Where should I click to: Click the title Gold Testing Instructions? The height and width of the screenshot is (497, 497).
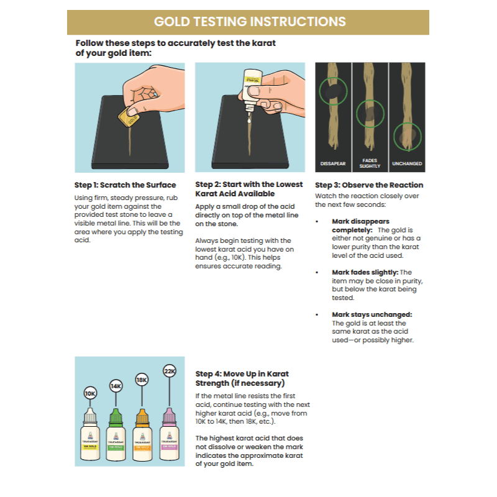[x=249, y=22]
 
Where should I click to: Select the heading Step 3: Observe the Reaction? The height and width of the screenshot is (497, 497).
[x=369, y=185]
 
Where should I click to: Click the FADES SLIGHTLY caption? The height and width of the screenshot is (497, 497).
[x=370, y=163]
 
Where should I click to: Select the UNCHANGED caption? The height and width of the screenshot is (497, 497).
[x=407, y=164]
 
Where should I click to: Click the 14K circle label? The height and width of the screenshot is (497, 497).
[x=116, y=386]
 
